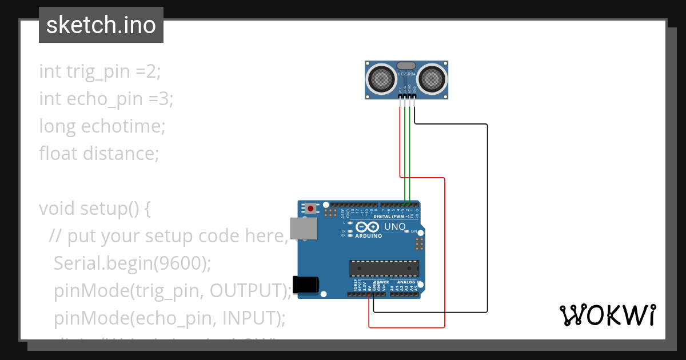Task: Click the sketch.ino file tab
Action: click(x=101, y=25)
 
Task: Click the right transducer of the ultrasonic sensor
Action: click(x=432, y=79)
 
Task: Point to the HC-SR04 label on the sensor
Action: click(x=406, y=74)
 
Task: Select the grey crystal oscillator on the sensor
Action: click(x=406, y=66)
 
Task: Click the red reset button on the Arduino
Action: click(x=310, y=209)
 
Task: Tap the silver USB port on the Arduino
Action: click(x=303, y=228)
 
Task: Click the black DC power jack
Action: click(x=304, y=285)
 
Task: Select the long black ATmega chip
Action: click(x=384, y=268)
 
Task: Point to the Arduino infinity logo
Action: click(x=368, y=227)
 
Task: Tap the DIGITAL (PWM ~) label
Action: click(x=394, y=217)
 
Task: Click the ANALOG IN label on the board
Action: click(x=408, y=282)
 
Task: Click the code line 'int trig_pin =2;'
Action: click(x=100, y=71)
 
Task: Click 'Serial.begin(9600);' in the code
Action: click(x=132, y=263)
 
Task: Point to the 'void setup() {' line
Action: click(x=95, y=209)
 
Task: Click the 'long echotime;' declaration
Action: click(x=102, y=126)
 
